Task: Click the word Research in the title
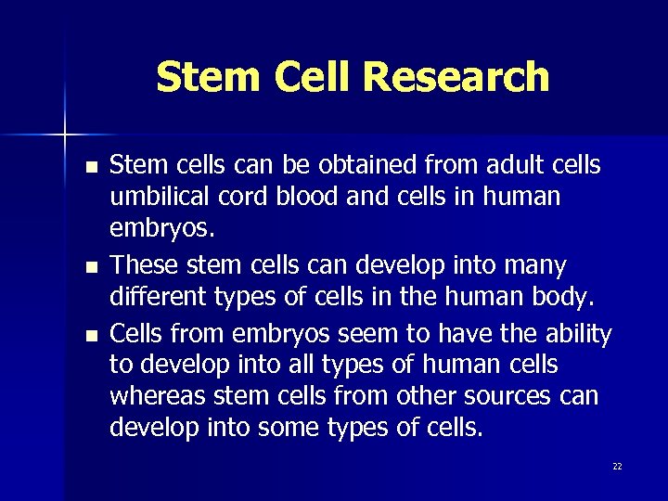click(x=471, y=77)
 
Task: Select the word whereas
click(x=158, y=396)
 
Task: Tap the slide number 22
click(x=617, y=467)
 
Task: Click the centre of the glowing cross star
click(x=66, y=135)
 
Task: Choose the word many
click(x=533, y=266)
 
